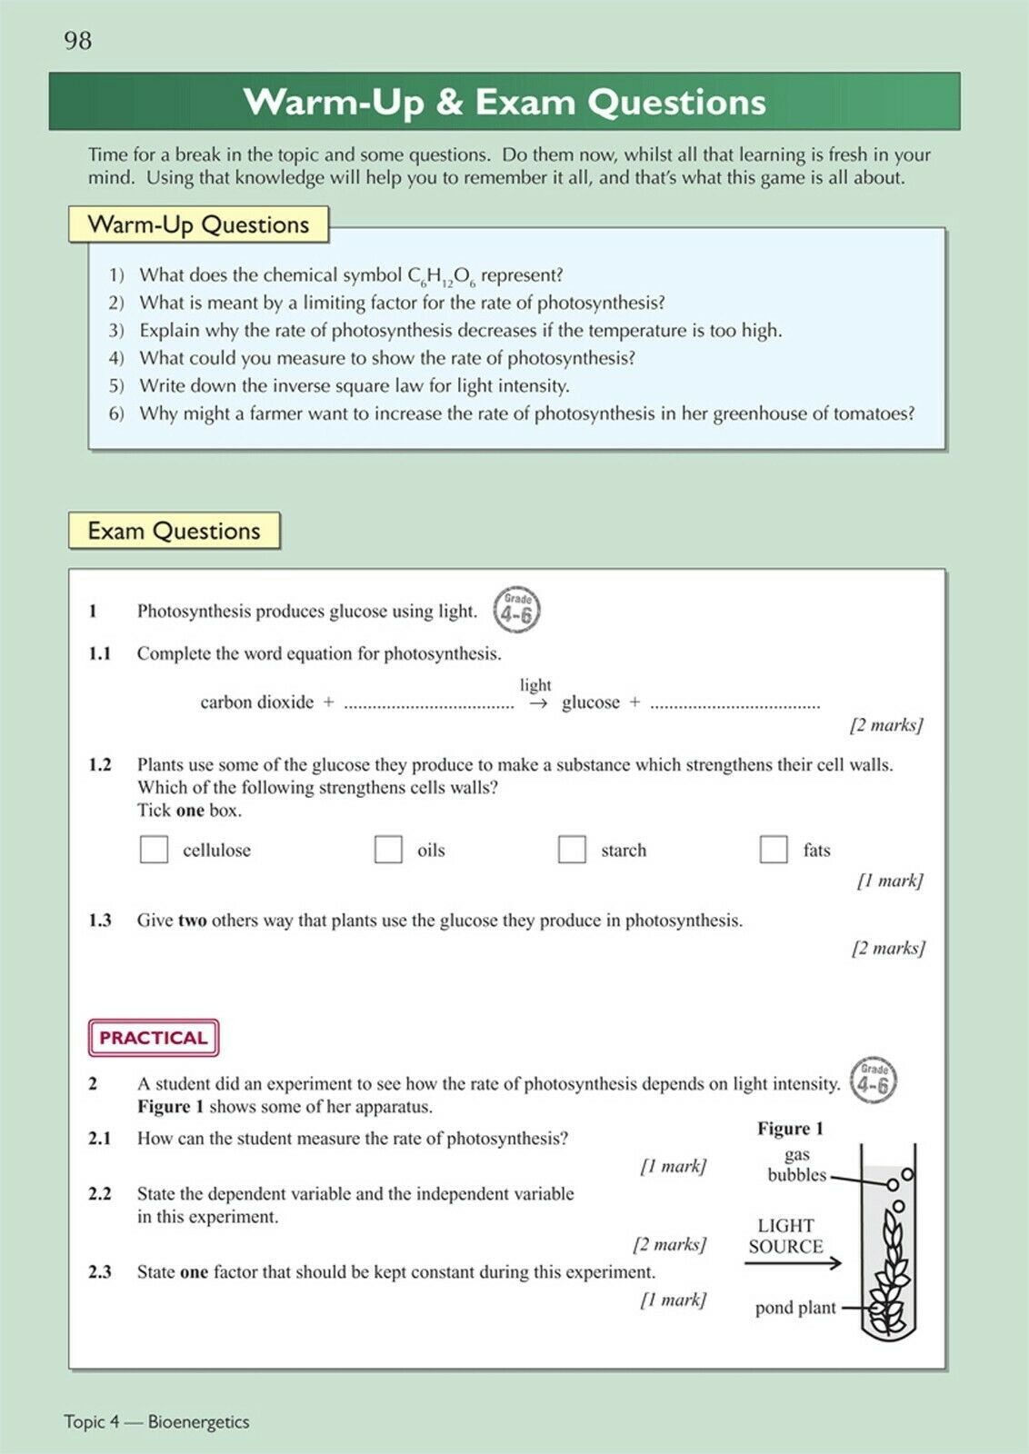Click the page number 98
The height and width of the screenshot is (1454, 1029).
point(78,41)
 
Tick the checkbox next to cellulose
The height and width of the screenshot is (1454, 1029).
point(154,850)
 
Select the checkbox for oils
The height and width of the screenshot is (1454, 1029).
point(388,850)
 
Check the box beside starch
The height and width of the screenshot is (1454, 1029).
point(572,850)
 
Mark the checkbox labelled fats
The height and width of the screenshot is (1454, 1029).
point(774,850)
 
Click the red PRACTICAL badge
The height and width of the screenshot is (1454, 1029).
point(154,1038)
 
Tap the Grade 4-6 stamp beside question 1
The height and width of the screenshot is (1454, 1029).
point(516,610)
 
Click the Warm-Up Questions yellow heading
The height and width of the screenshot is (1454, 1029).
point(198,224)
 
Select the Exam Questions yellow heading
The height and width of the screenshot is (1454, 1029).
point(174,531)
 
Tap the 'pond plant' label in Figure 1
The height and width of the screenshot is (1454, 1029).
point(795,1308)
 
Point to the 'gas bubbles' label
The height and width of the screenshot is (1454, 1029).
point(797,1165)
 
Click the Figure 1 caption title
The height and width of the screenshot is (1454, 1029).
point(790,1129)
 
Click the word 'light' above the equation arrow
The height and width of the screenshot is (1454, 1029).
point(535,685)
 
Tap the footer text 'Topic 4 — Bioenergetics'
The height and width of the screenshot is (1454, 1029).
point(156,1422)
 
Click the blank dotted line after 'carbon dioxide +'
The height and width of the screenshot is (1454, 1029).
point(429,705)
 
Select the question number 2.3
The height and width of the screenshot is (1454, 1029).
point(100,1272)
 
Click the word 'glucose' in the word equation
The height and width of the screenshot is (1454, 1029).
point(591,702)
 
